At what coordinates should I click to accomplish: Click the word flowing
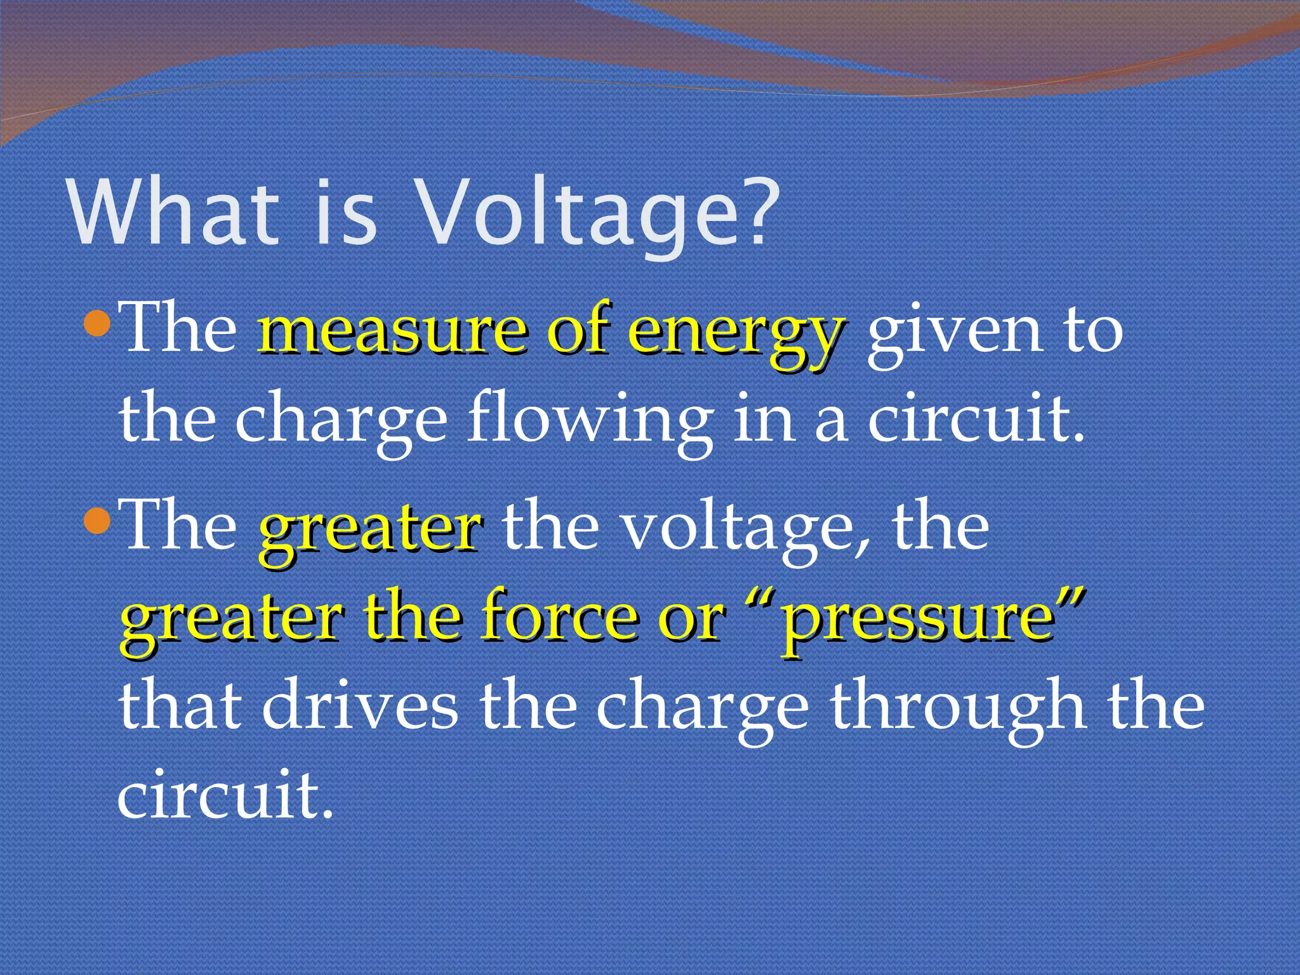coord(590,422)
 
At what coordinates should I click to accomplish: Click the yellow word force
coord(559,619)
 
